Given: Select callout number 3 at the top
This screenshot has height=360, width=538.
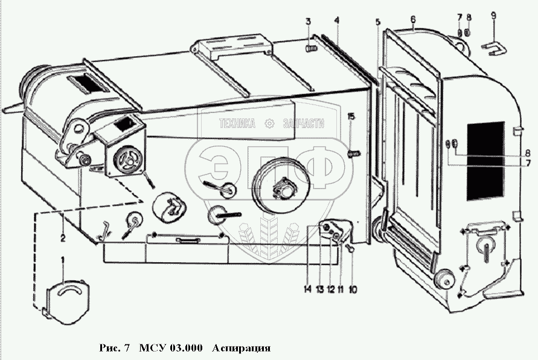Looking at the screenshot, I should [x=307, y=22].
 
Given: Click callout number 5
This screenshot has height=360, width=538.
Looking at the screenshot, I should [x=377, y=22].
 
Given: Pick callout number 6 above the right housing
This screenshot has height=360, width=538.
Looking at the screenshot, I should [x=412, y=19].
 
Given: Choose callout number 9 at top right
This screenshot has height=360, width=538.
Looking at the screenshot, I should [x=493, y=15].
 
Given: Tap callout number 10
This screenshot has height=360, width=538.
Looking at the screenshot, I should [x=353, y=289].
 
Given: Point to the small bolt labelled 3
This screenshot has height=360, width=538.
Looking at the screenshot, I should [x=311, y=47].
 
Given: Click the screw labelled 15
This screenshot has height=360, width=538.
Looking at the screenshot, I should [x=354, y=153].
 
